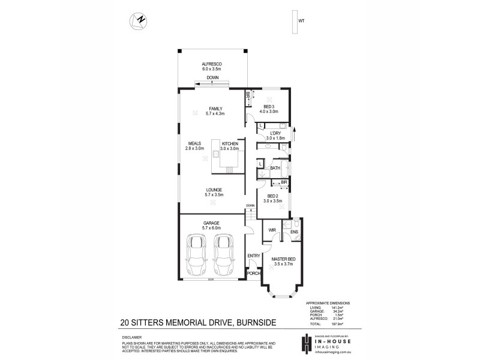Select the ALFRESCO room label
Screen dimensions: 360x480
click(212, 64)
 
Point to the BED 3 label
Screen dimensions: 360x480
click(269, 106)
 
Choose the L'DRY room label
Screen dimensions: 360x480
click(275, 133)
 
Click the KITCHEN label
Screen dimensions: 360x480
click(230, 144)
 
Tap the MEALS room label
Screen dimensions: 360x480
click(194, 144)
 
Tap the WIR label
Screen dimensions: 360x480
click(271, 229)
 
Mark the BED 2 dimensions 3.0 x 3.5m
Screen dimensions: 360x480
click(272, 201)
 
